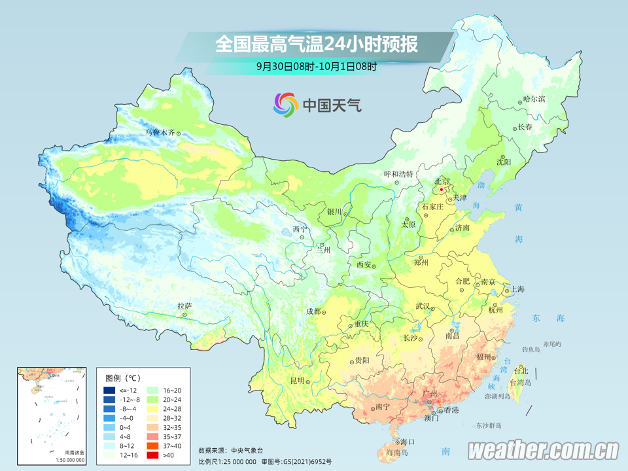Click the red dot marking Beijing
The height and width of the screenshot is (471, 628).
[x=442, y=190]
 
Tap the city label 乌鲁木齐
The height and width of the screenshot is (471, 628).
[x=160, y=133]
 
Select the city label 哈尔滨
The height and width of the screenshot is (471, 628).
[x=534, y=99]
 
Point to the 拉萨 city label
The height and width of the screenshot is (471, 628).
[x=184, y=305]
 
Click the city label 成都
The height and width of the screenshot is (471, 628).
[x=313, y=311]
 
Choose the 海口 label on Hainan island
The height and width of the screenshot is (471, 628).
[x=408, y=442]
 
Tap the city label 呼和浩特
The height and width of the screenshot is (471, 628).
[x=398, y=174]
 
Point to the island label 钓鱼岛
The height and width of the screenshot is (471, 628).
[x=531, y=350]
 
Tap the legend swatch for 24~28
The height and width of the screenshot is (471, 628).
[x=151, y=409]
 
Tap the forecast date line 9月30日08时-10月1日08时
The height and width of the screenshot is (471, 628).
[x=316, y=66]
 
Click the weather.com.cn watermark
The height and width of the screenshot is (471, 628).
[x=543, y=450]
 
